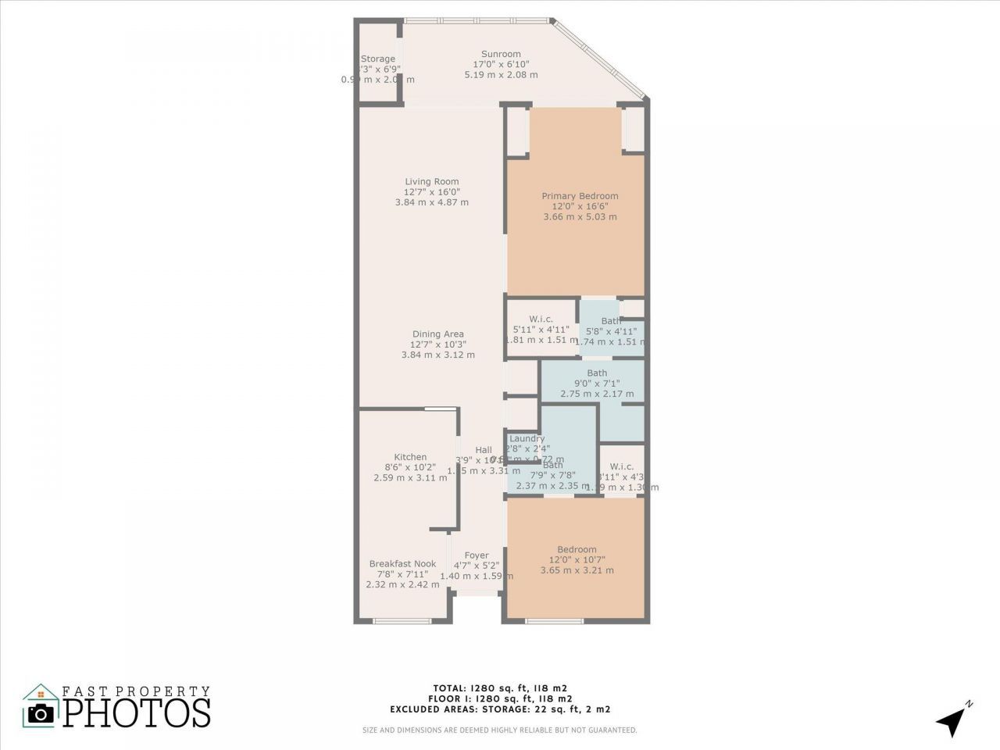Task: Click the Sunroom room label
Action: click(501, 54)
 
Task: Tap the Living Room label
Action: click(431, 181)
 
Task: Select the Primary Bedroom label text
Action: click(580, 196)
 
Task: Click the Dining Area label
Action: click(437, 334)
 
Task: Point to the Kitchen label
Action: click(410, 457)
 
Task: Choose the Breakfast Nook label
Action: click(402, 563)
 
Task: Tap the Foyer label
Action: click(477, 555)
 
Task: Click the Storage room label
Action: click(378, 59)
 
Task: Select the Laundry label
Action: click(527, 438)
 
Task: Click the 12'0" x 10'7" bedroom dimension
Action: click(577, 559)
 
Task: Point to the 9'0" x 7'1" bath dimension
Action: click(597, 384)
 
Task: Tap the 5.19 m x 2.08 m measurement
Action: click(501, 75)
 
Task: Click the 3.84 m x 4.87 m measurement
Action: click(431, 202)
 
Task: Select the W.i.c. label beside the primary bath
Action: click(541, 319)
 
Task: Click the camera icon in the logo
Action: click(40, 712)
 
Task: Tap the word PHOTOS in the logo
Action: click(137, 712)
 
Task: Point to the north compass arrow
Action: click(952, 720)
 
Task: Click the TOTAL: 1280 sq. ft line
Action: click(500, 688)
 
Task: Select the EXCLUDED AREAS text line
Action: click(500, 709)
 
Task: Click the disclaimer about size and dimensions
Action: click(500, 730)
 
